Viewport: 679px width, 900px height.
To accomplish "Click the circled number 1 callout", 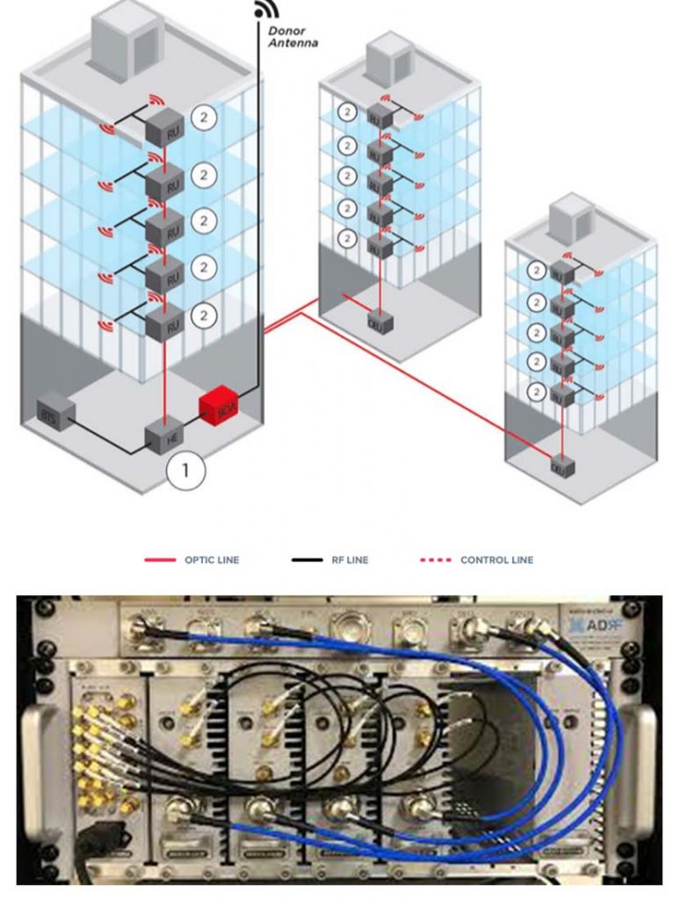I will click(x=184, y=470).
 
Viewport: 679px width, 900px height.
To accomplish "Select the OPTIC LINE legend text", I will click(x=211, y=560).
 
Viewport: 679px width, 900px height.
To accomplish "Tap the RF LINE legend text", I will click(x=350, y=560).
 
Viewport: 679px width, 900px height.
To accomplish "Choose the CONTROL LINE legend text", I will click(x=496, y=560).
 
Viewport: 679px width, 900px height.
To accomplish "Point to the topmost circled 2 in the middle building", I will click(x=349, y=112).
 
